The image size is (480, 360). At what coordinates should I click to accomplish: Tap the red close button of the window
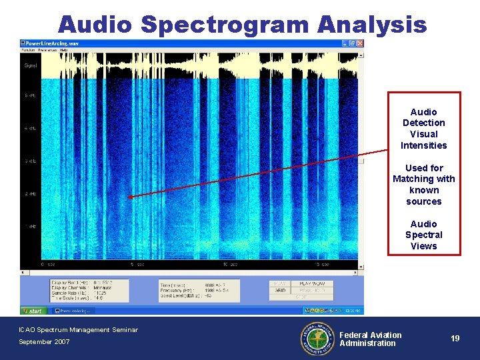(361, 43)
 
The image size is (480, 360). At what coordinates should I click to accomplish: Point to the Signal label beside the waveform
(31, 66)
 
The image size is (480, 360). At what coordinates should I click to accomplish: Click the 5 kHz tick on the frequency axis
(31, 96)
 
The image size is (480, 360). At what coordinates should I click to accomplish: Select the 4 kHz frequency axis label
(31, 128)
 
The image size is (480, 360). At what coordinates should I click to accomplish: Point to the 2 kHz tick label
(31, 194)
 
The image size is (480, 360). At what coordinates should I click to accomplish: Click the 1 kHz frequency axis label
(31, 227)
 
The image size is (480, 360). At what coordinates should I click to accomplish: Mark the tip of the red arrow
(130, 197)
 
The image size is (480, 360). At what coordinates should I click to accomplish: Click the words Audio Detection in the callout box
(423, 117)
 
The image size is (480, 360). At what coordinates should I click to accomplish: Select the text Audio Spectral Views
(423, 235)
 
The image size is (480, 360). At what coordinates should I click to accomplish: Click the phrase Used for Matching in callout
(423, 173)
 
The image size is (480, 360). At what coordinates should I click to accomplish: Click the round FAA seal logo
(317, 339)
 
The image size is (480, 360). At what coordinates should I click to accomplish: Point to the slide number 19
(455, 339)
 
